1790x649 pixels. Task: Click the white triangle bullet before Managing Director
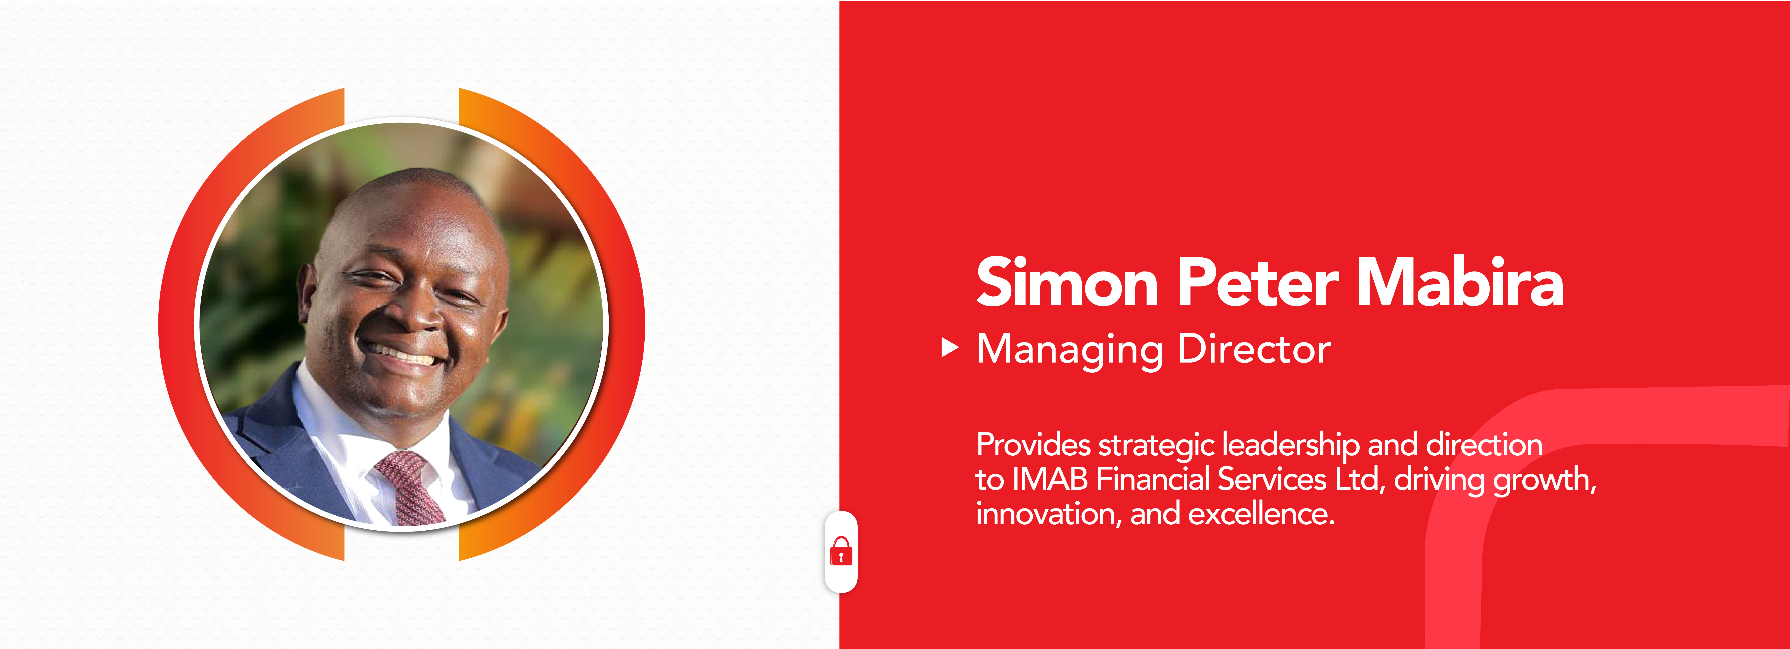click(x=949, y=347)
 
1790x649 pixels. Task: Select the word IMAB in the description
click(x=1049, y=479)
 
